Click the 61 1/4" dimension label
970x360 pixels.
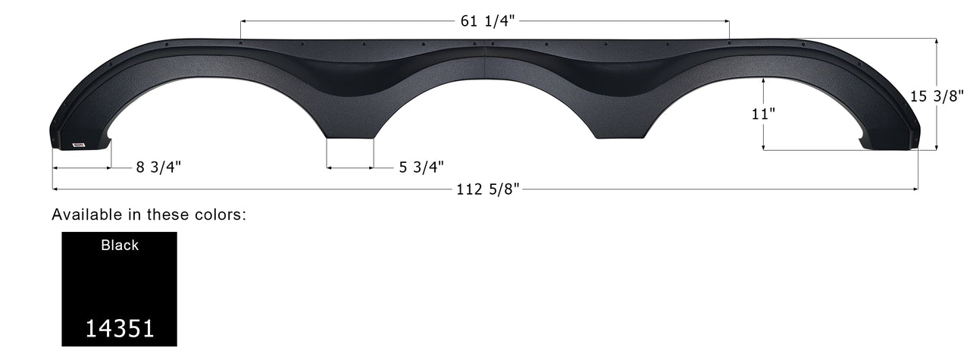pos(487,21)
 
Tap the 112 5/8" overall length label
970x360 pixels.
pos(488,189)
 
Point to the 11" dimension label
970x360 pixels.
pos(765,114)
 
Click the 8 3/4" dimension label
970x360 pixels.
pos(158,167)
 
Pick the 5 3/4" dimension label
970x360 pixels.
pos(421,167)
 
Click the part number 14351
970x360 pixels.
pos(120,327)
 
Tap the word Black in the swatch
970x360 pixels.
pos(120,245)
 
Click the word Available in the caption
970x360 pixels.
pos(83,214)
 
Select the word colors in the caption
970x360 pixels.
pos(220,214)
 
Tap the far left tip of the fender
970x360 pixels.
pos(54,136)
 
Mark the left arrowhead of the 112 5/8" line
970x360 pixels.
pos(55,189)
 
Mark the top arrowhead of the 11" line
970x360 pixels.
pos(765,80)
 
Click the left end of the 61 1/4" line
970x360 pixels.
pos(241,21)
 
